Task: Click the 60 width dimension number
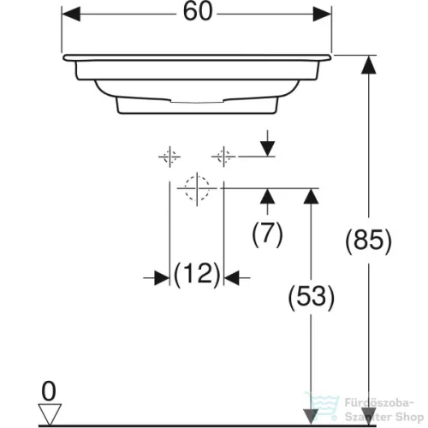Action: point(198,12)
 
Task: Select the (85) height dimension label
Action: point(368,240)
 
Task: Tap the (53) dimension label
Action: point(311,297)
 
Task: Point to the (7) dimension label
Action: point(267,234)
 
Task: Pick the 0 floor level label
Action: point(49,391)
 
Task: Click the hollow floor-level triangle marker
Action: point(50,414)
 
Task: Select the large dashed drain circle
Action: point(197,187)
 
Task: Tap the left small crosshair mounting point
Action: point(169,157)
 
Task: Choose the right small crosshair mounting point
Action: point(223,157)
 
